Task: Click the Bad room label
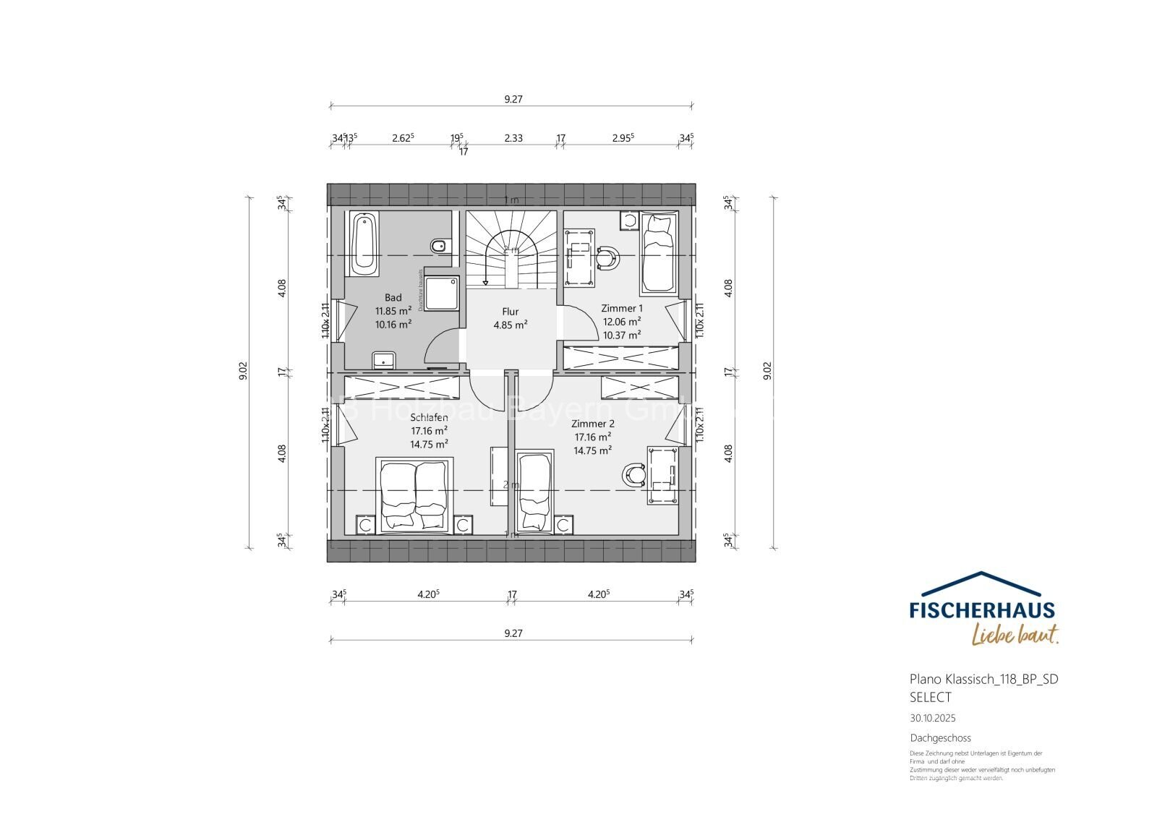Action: click(x=393, y=297)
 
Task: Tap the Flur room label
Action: click(x=511, y=312)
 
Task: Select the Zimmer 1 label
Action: click(x=621, y=308)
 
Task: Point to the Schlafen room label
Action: click(x=429, y=418)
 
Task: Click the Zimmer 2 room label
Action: click(x=592, y=424)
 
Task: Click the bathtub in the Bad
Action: click(x=364, y=243)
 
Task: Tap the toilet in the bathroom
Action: click(x=438, y=247)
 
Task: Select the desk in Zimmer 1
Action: click(x=580, y=259)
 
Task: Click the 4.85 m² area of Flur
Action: click(x=511, y=325)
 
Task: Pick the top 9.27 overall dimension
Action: click(x=513, y=99)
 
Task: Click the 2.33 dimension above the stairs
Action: click(x=513, y=137)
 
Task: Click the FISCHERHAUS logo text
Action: click(x=982, y=610)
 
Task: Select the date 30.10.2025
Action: click(x=932, y=719)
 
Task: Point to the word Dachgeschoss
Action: click(x=940, y=738)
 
